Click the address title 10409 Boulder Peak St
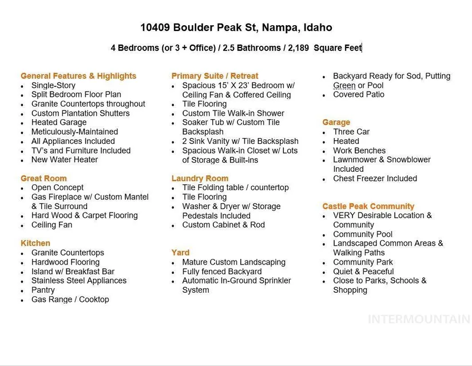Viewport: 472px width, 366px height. pyautogui.click(x=236, y=27)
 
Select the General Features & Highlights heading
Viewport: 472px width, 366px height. pyautogui.click(x=78, y=76)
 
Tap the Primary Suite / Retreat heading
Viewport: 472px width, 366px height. pyautogui.click(x=215, y=76)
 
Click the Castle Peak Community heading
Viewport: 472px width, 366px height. pyautogui.click(x=368, y=206)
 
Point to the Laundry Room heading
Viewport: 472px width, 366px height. pyautogui.click(x=200, y=178)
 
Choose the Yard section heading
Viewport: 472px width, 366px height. pyautogui.click(x=180, y=253)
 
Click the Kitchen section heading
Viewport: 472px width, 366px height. pyautogui.click(x=35, y=243)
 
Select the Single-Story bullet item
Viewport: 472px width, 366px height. pyautogui.click(x=53, y=85)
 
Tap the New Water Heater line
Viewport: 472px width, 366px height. pyautogui.click(x=65, y=160)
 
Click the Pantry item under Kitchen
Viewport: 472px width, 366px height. pyautogui.click(x=43, y=290)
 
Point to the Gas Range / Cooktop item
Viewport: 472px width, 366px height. pyautogui.click(x=70, y=300)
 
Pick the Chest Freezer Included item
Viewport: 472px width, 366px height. pyautogui.click(x=375, y=178)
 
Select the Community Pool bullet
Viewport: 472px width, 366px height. pyautogui.click(x=363, y=234)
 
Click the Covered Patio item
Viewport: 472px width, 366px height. pyautogui.click(x=359, y=95)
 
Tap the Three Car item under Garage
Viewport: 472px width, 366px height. pyautogui.click(x=351, y=132)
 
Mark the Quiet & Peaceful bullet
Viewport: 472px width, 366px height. pyautogui.click(x=363, y=271)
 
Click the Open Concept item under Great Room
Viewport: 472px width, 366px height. pyautogui.click(x=57, y=187)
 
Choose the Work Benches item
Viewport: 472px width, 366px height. pyautogui.click(x=359, y=150)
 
